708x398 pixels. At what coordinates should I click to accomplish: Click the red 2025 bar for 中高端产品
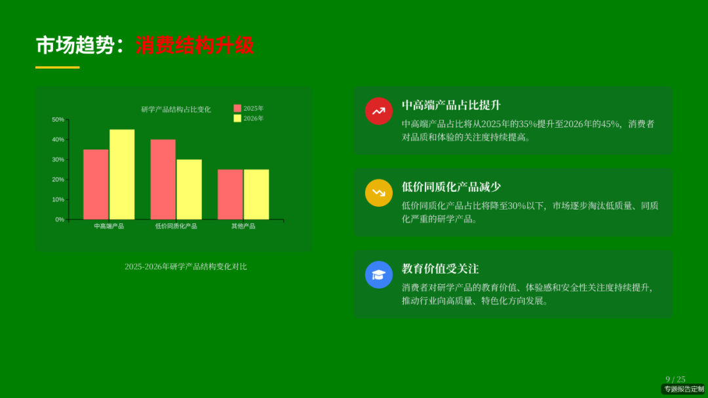tap(96, 185)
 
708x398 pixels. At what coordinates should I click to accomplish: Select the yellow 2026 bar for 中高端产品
tap(122, 175)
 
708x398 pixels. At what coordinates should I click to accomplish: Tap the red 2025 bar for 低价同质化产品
tap(163, 179)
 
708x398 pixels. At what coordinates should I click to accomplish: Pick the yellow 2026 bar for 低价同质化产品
tap(189, 190)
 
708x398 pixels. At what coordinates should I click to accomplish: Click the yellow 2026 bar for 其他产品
tap(256, 194)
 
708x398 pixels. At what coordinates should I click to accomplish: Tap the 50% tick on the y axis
tap(58, 120)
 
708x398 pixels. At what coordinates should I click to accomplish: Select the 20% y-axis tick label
tap(58, 179)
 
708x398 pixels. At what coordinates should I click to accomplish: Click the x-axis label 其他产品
tap(243, 226)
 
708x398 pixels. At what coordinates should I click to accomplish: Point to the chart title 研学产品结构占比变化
tap(176, 109)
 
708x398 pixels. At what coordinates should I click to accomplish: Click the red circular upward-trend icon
tap(378, 111)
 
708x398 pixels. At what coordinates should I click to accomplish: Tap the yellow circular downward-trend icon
tap(378, 192)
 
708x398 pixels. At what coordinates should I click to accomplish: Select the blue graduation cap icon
tap(378, 274)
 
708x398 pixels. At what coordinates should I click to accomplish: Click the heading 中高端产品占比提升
tap(451, 105)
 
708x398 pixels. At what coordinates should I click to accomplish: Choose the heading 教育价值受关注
tap(440, 269)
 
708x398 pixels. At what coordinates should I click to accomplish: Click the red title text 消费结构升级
tap(195, 45)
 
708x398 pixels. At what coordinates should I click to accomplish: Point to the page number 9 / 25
tap(675, 379)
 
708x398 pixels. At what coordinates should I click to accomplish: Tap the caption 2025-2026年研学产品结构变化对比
tap(186, 266)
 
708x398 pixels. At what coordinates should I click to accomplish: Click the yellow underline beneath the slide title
tap(57, 67)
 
